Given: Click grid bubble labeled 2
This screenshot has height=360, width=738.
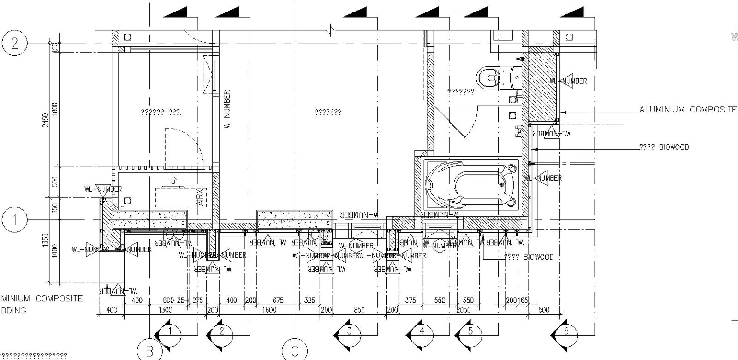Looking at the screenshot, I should click(14, 43).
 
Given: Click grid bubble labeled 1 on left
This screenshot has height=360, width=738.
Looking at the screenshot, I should click(14, 220).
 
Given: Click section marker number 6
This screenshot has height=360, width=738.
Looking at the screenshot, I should click(566, 331).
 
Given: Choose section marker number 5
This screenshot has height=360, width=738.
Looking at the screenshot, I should click(470, 331).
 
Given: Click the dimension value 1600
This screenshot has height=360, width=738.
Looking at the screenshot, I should click(269, 310).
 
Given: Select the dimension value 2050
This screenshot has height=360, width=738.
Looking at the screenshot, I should click(464, 310).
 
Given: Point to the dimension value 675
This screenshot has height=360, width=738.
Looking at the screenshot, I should click(278, 300).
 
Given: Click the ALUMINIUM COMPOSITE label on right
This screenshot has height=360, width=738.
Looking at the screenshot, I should click(687, 110).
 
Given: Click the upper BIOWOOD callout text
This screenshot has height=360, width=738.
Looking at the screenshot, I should click(664, 148).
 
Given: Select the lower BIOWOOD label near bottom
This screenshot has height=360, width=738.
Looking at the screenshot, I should click(529, 257).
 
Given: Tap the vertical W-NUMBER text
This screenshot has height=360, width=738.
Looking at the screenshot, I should click(226, 110).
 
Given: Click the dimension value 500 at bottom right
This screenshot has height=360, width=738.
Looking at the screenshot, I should click(544, 310).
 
